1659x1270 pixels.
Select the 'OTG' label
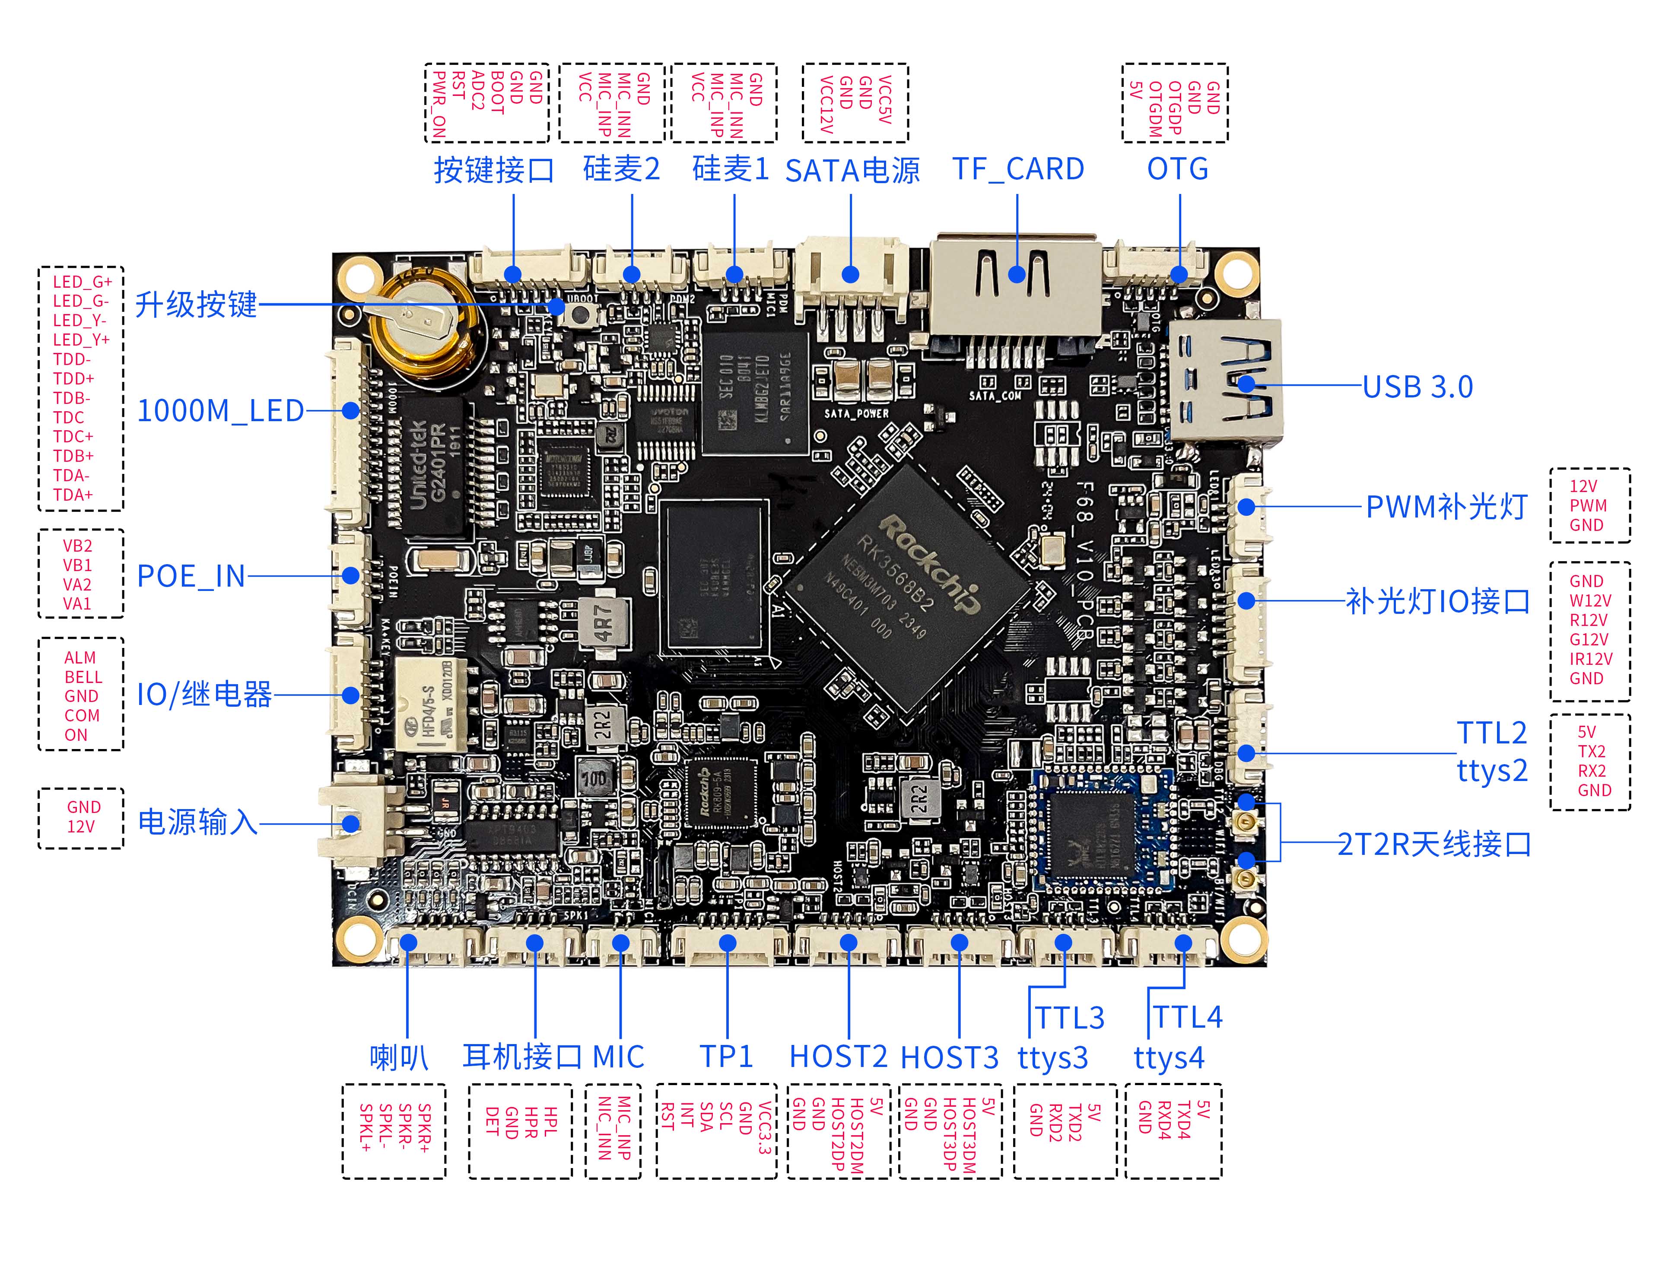tap(1177, 169)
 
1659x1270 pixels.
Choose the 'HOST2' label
tap(838, 1057)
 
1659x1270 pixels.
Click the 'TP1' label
tap(726, 1057)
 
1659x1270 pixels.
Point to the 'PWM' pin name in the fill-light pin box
tap(1588, 506)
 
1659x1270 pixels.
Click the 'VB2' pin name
tap(77, 546)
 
